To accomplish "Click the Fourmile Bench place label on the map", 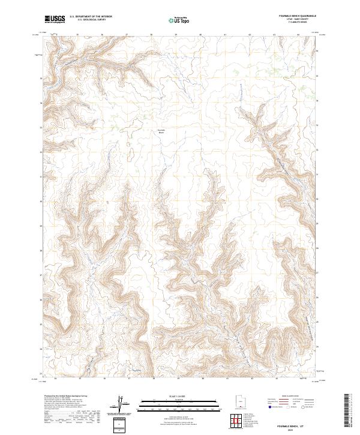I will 160,131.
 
